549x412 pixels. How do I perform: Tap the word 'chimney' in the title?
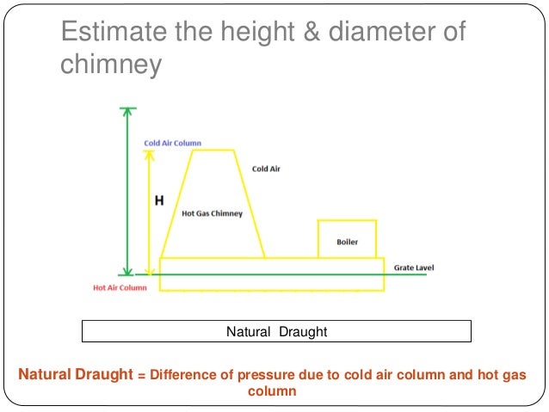[110, 65]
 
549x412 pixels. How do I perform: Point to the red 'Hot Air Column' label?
[120, 287]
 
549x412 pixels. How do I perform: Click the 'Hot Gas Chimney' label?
[212, 212]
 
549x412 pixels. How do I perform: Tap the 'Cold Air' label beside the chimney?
[266, 169]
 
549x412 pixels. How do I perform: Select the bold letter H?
[158, 201]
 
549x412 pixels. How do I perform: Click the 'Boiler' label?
[347, 243]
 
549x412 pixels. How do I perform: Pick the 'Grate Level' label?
[414, 267]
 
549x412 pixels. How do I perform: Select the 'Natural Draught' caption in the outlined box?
[276, 331]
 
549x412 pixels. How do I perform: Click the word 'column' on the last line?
[272, 391]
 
